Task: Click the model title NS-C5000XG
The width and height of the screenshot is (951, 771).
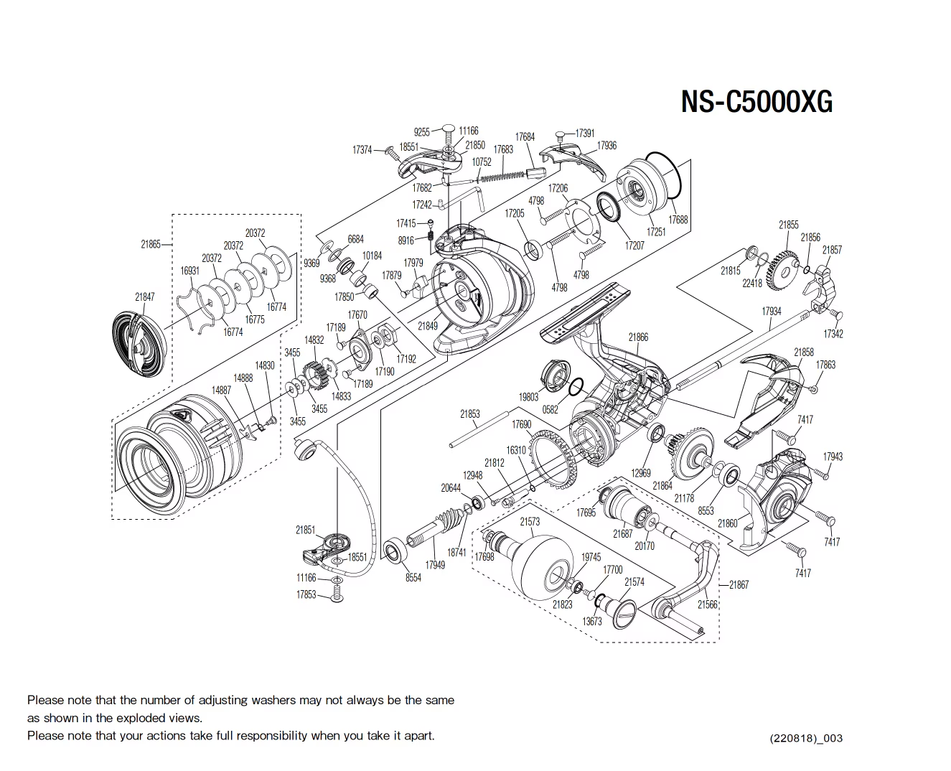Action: pyautogui.click(x=756, y=102)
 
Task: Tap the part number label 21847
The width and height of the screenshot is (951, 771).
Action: pyautogui.click(x=144, y=296)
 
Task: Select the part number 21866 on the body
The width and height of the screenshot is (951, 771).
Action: pyautogui.click(x=637, y=337)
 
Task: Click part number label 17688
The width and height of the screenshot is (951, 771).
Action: pyautogui.click(x=678, y=220)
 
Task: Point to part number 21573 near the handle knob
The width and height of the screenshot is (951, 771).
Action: pyautogui.click(x=530, y=522)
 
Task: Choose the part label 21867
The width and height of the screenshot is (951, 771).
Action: pyautogui.click(x=739, y=584)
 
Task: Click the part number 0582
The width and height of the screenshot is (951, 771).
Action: pyautogui.click(x=551, y=409)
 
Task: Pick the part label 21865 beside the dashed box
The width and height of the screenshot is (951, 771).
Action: pyautogui.click(x=151, y=244)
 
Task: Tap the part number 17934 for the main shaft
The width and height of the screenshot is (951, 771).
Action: pyautogui.click(x=771, y=312)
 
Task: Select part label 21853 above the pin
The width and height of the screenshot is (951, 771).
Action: pyautogui.click(x=470, y=414)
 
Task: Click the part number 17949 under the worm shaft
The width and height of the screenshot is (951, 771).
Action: pyautogui.click(x=435, y=565)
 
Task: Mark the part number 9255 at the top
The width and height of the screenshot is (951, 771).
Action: pyautogui.click(x=422, y=132)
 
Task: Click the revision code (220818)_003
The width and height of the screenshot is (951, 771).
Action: pyautogui.click(x=806, y=738)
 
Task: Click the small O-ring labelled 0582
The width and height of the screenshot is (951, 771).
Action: pyautogui.click(x=576, y=388)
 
